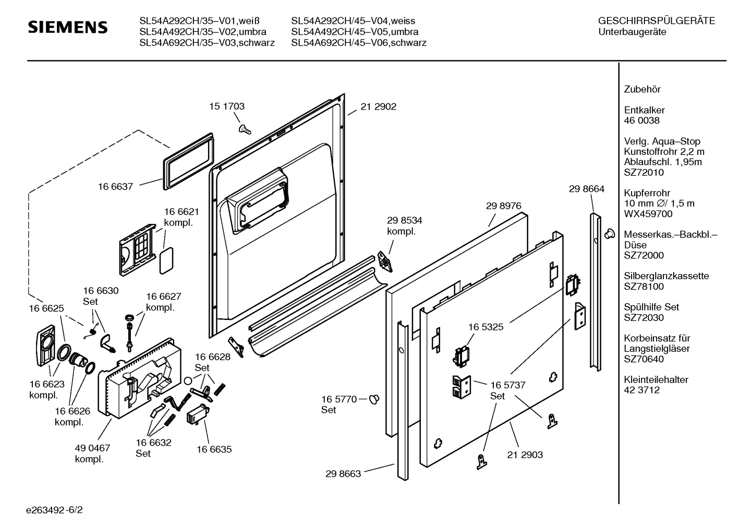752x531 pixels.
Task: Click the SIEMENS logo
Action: coord(68,28)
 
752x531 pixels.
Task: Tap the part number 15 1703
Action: coord(227,106)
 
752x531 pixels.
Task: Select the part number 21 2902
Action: coord(378,107)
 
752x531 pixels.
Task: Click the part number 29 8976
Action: coord(503,206)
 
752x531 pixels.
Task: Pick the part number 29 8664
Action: coord(587,189)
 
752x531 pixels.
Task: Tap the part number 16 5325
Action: coord(486,327)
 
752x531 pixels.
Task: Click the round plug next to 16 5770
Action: coord(374,400)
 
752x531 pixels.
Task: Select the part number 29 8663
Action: coord(343,474)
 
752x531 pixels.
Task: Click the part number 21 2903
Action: coord(525,455)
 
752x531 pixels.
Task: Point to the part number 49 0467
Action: coord(92,448)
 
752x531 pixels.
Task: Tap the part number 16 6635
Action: coord(214,449)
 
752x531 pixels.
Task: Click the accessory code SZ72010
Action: coord(644,172)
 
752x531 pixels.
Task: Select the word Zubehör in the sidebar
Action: coord(642,90)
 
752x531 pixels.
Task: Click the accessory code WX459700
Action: coord(648,214)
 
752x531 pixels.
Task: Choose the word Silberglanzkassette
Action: coord(666,276)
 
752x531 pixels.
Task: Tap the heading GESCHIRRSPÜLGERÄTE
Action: coord(656,21)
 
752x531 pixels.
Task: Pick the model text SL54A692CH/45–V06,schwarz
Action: coord(358,43)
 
